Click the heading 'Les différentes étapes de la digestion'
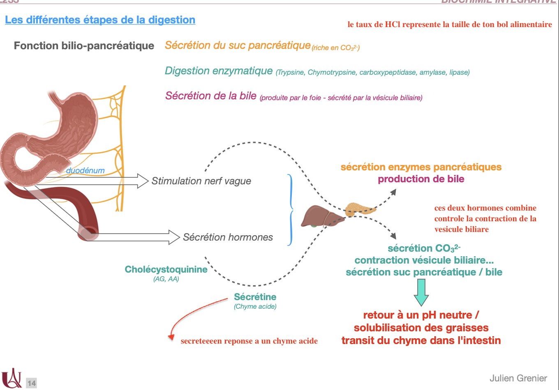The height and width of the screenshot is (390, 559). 100,20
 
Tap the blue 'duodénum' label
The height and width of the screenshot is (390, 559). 85,170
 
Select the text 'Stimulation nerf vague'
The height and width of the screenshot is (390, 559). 201,181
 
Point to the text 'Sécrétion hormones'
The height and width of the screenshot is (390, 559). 228,237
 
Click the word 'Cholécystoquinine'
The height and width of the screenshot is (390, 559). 166,269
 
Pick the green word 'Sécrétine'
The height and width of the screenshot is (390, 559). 255,297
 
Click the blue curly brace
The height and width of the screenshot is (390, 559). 291,209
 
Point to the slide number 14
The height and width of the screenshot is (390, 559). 32,383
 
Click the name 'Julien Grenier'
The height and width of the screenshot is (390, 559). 518,378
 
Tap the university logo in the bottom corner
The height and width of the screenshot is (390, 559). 12,378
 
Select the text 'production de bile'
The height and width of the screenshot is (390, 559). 421,179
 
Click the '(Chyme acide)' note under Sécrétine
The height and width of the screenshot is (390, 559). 255,306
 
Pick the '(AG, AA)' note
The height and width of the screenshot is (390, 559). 166,279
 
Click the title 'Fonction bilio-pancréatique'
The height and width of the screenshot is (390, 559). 84,46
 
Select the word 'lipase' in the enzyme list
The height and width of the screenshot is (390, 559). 459,73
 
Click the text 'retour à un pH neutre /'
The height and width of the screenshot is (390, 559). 421,315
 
